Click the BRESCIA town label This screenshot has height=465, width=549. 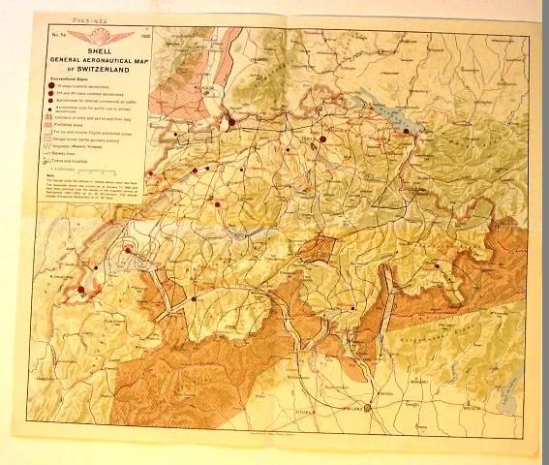click(x=504, y=408)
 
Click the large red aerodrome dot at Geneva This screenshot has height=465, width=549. click(x=81, y=288)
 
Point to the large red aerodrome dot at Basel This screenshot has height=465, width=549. click(x=231, y=122)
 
